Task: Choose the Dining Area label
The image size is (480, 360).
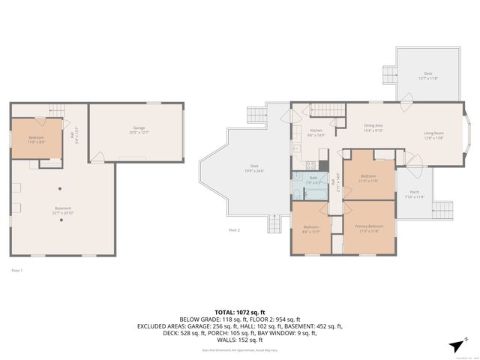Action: tap(373, 127)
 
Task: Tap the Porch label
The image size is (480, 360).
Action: tap(414, 194)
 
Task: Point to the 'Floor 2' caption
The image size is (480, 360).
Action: tap(234, 229)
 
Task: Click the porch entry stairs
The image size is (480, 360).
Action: tap(442, 210)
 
